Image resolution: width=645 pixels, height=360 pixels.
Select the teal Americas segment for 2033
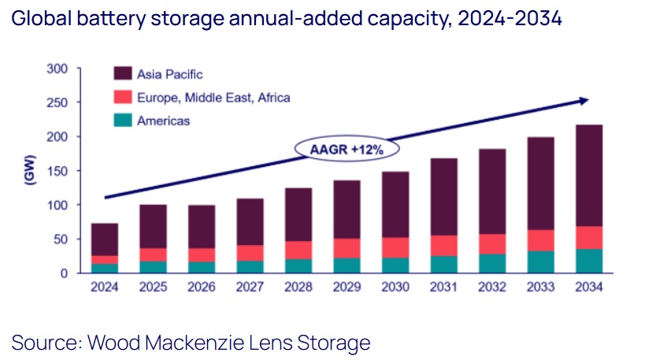click(540, 262)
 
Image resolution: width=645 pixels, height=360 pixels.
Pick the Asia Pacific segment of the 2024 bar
click(105, 239)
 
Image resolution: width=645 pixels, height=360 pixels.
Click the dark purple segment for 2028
click(298, 214)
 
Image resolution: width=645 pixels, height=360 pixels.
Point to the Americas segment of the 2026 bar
click(202, 266)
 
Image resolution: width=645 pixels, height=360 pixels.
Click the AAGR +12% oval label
click(347, 148)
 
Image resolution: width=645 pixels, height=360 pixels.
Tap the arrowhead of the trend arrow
click(584, 100)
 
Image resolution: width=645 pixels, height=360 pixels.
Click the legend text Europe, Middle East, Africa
click(213, 98)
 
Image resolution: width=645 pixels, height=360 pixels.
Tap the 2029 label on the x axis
click(347, 288)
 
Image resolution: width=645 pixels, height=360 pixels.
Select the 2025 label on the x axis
click(154, 288)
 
